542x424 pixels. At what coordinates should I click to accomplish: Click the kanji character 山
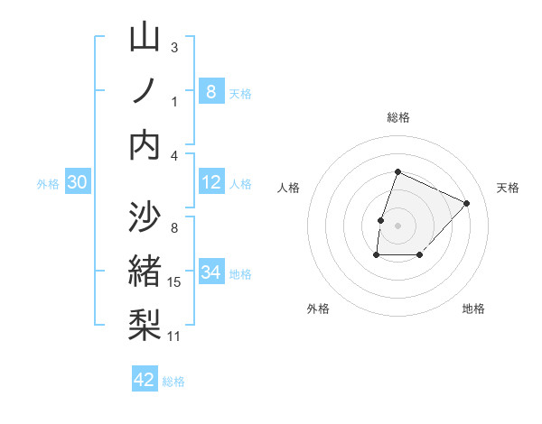coord(145,38)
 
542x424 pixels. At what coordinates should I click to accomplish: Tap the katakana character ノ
coord(145,91)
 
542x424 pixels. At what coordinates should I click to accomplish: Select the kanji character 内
coord(145,144)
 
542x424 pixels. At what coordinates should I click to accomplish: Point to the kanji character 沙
coord(145,217)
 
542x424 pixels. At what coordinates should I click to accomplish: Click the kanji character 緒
coord(145,270)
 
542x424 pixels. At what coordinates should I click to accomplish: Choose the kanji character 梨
coord(145,323)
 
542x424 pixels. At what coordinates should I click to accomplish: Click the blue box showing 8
coord(210,91)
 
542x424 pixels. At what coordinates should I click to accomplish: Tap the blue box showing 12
coord(210,182)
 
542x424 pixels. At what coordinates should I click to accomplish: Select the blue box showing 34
coord(210,272)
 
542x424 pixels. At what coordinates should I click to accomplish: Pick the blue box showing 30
coord(77,182)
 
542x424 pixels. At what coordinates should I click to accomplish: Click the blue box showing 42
coord(145,380)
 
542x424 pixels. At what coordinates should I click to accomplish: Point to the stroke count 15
coord(174,282)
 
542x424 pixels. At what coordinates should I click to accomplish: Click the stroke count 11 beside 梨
coord(174,336)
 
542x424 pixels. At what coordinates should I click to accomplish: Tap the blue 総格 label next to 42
coord(173,382)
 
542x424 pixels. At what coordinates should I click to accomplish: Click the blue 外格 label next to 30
coord(48,184)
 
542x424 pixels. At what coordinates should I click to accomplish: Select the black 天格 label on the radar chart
coord(508,188)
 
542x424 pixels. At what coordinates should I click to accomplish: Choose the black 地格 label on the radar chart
coord(473,309)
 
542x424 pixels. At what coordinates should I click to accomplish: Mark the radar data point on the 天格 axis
coord(466,203)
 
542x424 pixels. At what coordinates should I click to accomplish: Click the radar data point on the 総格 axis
coord(397,171)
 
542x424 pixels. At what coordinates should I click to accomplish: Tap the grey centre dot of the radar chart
coord(397,226)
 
